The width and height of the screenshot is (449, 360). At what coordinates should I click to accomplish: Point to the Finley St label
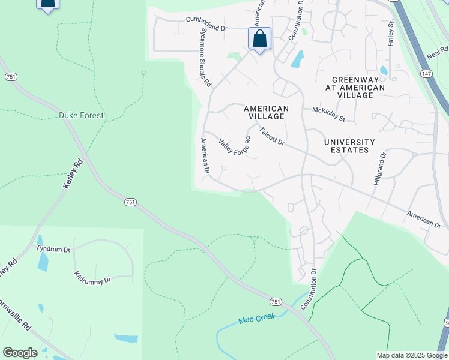[391, 34]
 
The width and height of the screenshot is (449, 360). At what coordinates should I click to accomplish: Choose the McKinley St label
[328, 114]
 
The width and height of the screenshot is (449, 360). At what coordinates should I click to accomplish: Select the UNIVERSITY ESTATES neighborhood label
[349, 146]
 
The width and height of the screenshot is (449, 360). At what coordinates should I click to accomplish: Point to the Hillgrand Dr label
[380, 167]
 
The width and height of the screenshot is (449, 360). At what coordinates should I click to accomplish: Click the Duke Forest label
[81, 115]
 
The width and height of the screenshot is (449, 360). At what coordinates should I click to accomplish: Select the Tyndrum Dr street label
[53, 248]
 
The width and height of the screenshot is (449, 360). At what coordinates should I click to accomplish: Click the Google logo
[20, 353]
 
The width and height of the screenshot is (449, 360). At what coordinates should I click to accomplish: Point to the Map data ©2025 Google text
[411, 355]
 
